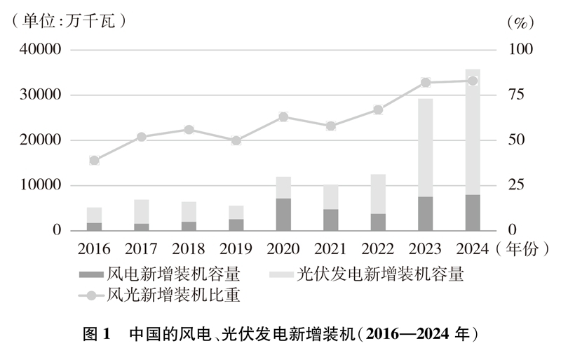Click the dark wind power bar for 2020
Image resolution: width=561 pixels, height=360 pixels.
point(283,214)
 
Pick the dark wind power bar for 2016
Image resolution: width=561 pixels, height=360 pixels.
point(95,227)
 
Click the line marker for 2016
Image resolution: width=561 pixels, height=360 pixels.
point(95,160)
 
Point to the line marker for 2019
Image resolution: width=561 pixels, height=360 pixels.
point(236,140)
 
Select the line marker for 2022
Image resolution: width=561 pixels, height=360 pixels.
point(378,109)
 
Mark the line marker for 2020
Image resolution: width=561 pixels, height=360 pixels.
point(283,116)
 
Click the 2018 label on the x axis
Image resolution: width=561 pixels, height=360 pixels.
point(188,248)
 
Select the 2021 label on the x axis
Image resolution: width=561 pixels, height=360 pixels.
point(330,248)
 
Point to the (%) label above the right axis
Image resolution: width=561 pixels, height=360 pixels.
point(520,22)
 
